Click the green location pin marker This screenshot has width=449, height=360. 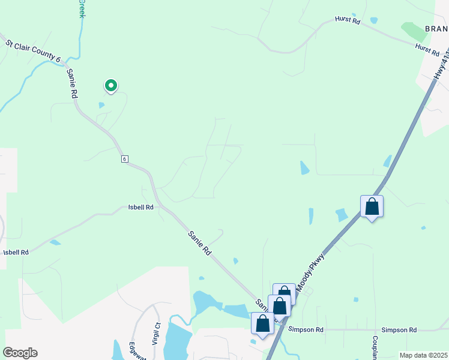[111, 86]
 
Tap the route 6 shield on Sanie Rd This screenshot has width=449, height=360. [124, 158]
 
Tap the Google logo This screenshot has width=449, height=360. [20, 353]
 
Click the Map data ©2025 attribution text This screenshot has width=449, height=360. [423, 355]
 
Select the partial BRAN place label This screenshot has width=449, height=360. [436, 28]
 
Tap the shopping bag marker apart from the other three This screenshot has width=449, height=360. [372, 207]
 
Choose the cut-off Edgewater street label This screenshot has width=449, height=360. [133, 351]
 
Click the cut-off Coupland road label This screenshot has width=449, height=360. [374, 346]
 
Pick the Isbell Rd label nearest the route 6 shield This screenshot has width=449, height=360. [141, 207]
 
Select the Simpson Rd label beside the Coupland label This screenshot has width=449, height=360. [399, 330]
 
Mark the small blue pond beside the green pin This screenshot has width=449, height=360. [101, 105]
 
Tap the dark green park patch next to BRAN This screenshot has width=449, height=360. [412, 31]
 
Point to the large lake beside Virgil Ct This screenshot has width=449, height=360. [178, 340]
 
